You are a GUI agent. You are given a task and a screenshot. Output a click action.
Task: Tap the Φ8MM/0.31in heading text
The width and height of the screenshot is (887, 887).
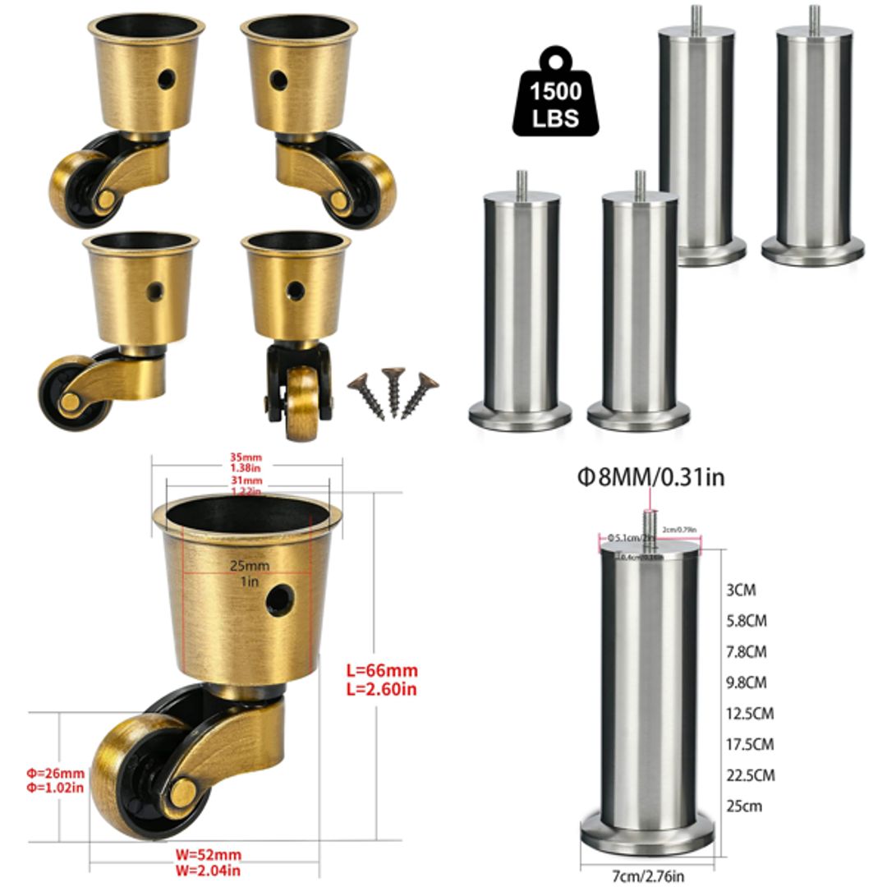point(651,477)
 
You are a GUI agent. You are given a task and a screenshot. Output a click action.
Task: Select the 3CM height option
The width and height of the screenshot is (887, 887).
point(741,590)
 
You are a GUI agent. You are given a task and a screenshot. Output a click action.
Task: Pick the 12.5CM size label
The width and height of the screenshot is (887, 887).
point(749,713)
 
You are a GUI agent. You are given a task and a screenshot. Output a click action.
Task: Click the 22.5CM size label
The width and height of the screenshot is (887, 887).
point(749,774)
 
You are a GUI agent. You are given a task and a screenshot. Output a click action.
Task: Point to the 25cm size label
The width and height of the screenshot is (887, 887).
point(744,806)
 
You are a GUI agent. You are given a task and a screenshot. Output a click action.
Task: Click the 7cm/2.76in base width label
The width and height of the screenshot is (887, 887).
point(647,876)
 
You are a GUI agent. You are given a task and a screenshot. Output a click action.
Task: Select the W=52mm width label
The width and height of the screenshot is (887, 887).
point(208,855)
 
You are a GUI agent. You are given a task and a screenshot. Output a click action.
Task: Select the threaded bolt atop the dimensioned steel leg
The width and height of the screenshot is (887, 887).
point(649,522)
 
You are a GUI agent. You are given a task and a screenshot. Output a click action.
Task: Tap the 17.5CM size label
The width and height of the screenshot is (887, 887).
point(749,744)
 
